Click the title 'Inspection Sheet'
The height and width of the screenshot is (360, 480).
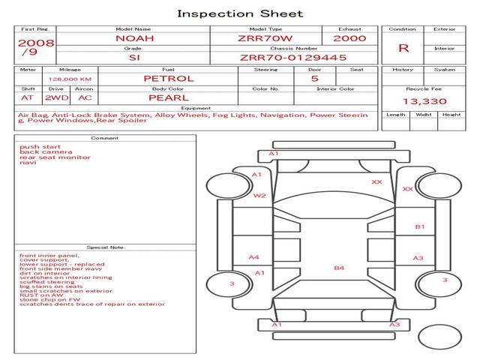(240, 13)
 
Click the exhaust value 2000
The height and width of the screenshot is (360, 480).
(349, 38)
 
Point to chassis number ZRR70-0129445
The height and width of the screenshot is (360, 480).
(293, 57)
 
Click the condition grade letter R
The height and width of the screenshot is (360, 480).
(403, 48)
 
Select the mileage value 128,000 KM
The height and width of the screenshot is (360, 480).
(70, 79)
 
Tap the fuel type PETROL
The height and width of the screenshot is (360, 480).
(168, 78)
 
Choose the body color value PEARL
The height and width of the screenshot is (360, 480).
(168, 97)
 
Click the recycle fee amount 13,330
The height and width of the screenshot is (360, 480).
(424, 101)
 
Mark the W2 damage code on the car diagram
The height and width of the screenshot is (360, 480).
(259, 196)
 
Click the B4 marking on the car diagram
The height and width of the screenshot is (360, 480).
(339, 268)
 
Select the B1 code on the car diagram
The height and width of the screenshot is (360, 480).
(420, 226)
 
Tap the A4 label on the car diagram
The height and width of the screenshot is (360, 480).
(253, 257)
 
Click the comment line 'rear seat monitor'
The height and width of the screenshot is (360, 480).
(55, 157)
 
